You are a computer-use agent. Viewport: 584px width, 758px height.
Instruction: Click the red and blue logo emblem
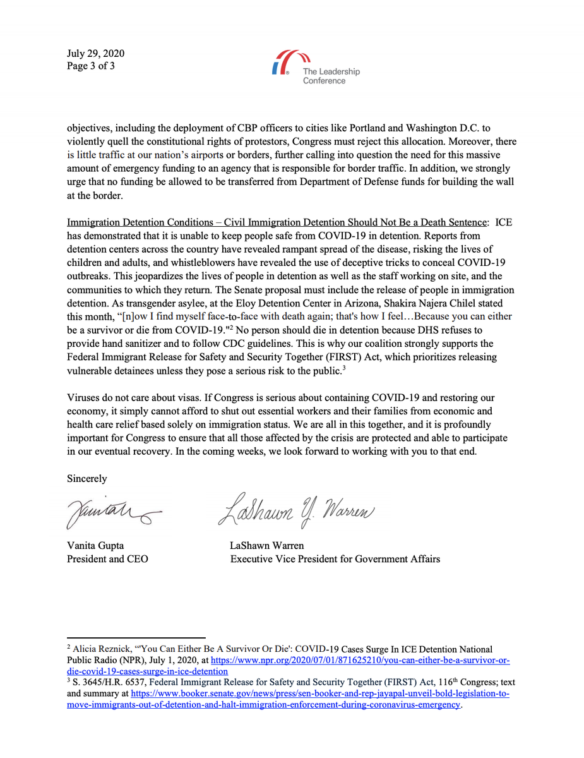pos(284,64)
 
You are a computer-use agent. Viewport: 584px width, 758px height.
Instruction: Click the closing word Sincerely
pos(86,478)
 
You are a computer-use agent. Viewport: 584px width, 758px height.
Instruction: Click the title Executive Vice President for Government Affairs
pos(335,559)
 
